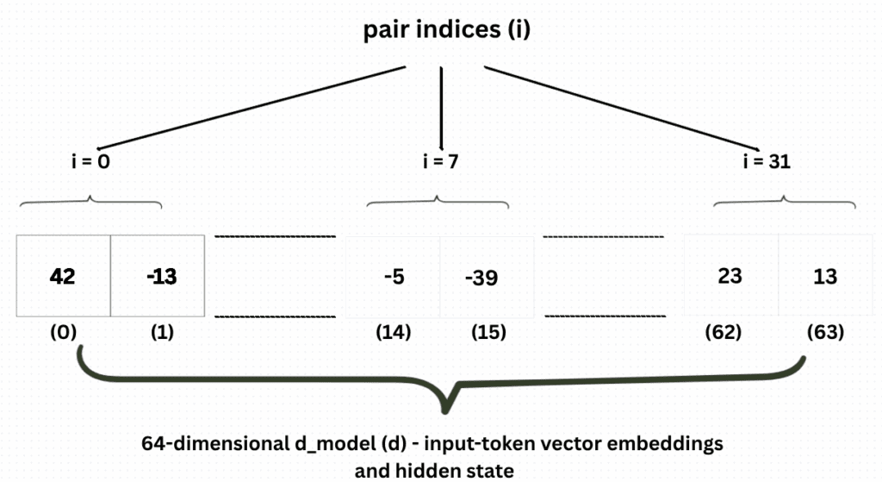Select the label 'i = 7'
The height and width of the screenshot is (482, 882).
pos(442,161)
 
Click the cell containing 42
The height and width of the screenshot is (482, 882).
pos(63,277)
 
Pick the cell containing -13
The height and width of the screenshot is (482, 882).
pos(158,277)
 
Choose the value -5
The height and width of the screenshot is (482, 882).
pos(393,277)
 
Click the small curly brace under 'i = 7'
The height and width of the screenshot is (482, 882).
pos(438,203)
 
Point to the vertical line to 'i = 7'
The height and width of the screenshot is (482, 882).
pos(441,108)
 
